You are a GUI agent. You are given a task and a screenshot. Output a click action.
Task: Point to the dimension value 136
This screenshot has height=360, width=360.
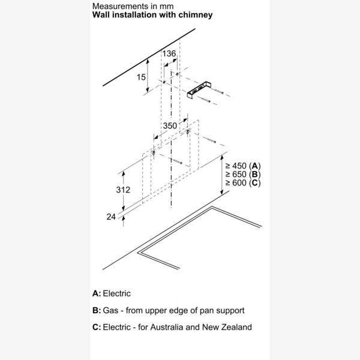tap(170, 54)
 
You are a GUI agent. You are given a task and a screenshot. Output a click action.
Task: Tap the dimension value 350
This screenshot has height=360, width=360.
tap(170, 126)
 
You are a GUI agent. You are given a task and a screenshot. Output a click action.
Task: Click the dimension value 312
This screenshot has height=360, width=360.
tap(107, 190)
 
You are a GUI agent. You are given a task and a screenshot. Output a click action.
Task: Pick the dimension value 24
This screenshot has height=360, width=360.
tap(110, 217)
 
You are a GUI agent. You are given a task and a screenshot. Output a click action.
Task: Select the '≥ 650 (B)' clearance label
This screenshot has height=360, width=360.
tap(242, 174)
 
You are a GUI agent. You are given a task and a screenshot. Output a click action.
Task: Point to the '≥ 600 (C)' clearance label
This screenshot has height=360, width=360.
tap(242, 182)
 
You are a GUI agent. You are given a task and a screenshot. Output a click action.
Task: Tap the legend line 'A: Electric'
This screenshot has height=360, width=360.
tap(112, 293)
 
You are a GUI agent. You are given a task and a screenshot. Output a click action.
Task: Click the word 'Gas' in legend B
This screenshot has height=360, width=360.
tap(111, 310)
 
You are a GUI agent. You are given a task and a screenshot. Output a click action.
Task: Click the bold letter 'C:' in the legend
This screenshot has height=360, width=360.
tap(97, 327)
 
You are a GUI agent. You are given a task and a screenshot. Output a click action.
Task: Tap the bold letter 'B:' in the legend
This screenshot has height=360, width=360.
tap(97, 310)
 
